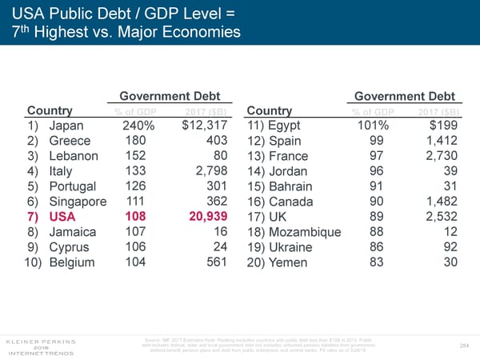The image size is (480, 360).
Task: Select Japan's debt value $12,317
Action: (206, 125)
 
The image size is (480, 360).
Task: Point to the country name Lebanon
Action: (74, 156)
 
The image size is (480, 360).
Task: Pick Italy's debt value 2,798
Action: (212, 171)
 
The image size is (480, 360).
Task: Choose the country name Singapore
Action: (78, 202)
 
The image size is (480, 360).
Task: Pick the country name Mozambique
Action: (306, 232)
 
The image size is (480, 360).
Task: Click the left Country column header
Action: (50, 110)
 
